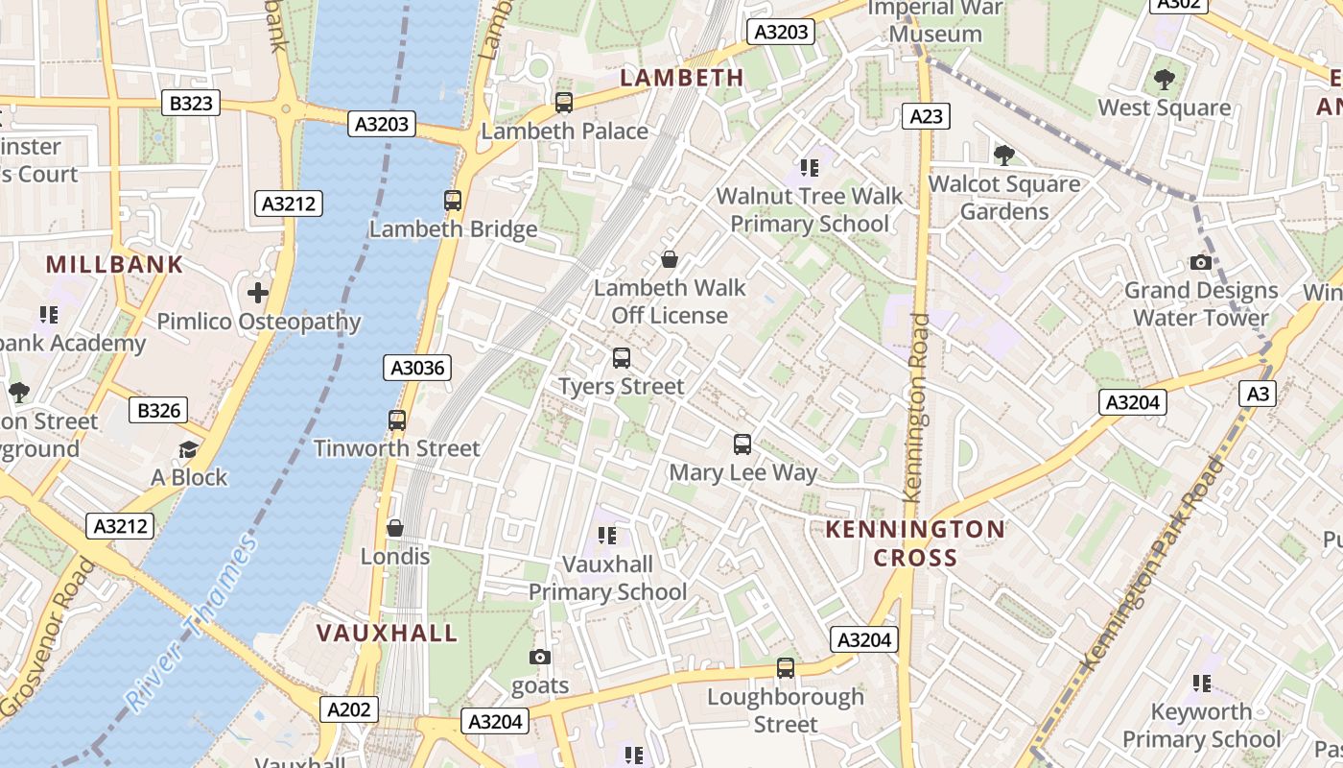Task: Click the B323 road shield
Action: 191,103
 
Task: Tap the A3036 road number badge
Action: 418,368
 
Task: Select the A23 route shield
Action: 926,116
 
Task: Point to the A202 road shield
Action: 348,709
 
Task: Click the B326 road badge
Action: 158,411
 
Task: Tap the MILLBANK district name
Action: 114,265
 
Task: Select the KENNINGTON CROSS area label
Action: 915,543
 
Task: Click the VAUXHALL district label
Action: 388,634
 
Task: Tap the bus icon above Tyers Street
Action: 622,358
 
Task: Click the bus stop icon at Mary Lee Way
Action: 742,444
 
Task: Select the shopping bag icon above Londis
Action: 394,528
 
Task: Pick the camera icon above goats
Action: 540,657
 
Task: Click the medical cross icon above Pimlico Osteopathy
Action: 257,293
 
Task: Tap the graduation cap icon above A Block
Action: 189,449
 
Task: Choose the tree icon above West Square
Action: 1165,79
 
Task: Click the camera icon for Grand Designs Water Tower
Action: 1200,262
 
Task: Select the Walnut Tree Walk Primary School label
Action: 810,210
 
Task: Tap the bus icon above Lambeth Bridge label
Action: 453,201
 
